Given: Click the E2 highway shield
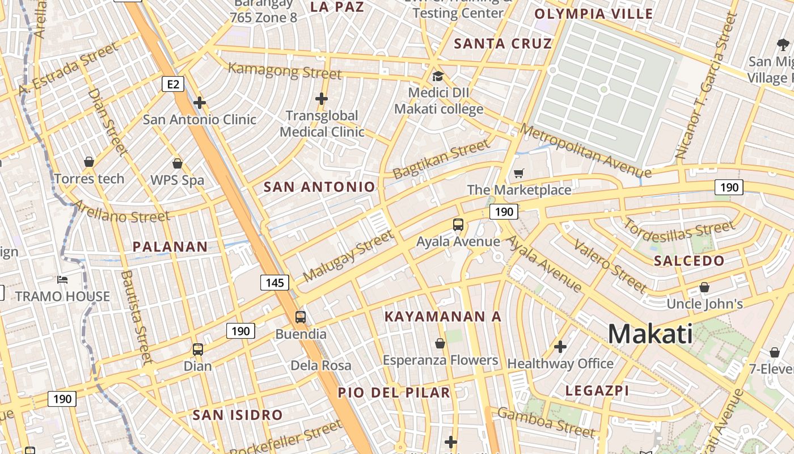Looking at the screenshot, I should pos(173,85).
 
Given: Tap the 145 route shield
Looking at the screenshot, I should pos(275,282).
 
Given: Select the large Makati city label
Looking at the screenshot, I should pos(650,334).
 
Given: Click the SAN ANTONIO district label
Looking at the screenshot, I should pos(319,187).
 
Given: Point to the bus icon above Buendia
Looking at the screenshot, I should pos(301,317).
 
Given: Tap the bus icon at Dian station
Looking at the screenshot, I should pos(197,350).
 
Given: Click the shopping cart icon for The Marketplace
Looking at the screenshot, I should pos(518,173).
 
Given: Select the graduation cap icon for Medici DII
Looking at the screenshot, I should pos(438,76).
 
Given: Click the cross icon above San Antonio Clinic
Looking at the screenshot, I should pos(199,103).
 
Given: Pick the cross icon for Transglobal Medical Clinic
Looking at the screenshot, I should pos(322,99).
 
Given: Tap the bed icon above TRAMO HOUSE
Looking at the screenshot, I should pos(62,280).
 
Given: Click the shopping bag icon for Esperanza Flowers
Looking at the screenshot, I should pos(440,343).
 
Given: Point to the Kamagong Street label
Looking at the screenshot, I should pos(285,71).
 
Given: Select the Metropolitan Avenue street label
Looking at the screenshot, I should pos(585,151).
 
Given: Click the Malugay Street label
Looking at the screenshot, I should pos(348,257).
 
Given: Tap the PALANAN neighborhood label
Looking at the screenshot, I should pos(170,247).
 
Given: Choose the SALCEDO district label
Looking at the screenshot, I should pos(689,261).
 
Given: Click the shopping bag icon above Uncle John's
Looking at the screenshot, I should pos(704,288).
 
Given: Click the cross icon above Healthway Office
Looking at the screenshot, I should pos(560,346).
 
